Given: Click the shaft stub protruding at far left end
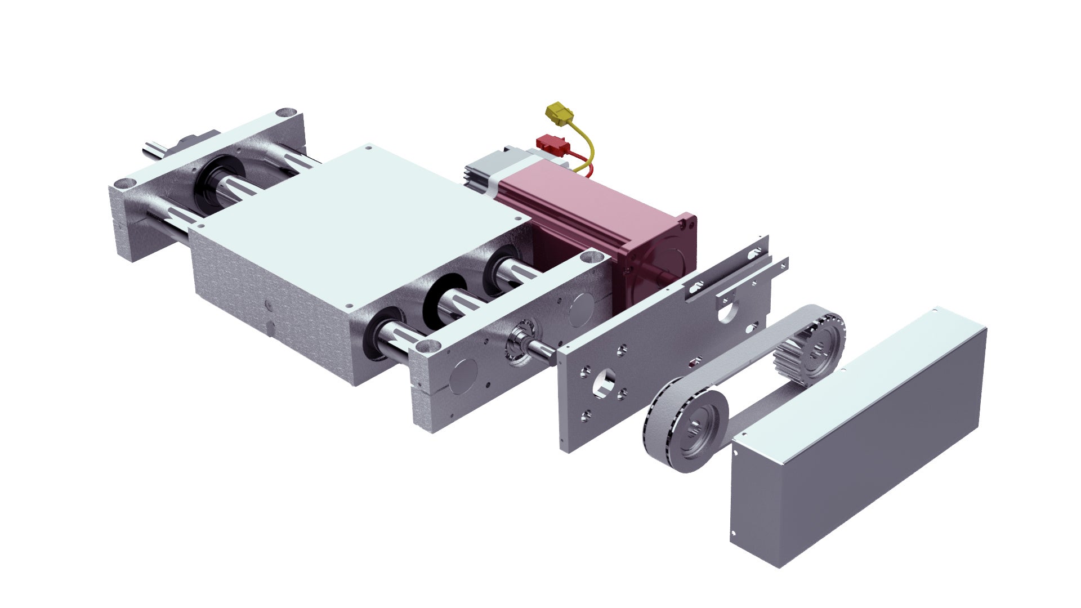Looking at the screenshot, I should tap(153, 150).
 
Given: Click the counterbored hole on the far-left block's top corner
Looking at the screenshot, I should tap(286, 112).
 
